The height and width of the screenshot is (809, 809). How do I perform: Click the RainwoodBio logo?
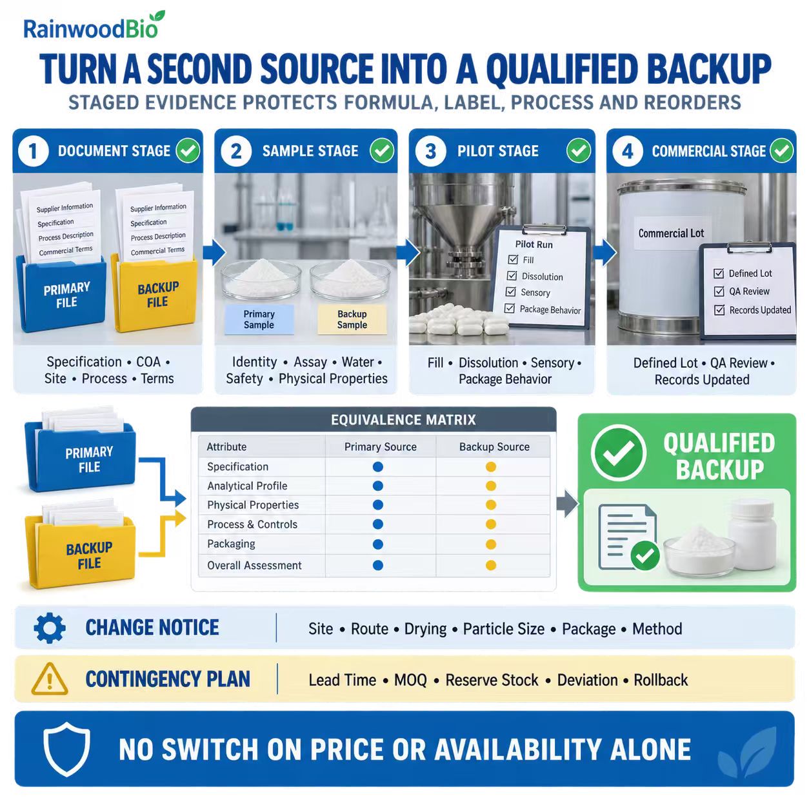pos(94,26)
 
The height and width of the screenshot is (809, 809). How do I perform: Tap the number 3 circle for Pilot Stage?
pos(430,151)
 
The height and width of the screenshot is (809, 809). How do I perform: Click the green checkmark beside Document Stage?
pos(188,150)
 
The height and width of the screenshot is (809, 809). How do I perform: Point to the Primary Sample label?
pos(259,319)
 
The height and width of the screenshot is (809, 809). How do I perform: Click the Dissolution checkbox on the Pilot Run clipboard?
pos(512,275)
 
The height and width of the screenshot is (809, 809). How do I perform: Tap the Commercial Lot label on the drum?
pos(671,234)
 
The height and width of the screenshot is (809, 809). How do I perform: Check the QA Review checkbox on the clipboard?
pos(719,292)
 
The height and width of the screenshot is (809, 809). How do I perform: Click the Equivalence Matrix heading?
pos(403,419)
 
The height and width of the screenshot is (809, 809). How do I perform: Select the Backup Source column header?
pos(494,446)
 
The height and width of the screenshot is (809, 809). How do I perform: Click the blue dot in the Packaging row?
pos(378,544)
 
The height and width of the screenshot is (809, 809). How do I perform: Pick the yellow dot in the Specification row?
pos(491,466)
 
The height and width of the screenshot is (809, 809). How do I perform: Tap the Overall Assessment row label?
pos(254,566)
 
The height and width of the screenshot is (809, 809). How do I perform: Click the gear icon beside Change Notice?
pos(50,628)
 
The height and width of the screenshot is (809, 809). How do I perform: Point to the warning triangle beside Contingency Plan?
pos(50,679)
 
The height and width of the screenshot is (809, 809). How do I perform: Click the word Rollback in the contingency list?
pos(661,680)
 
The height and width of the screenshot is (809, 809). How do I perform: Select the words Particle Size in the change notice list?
pos(504,629)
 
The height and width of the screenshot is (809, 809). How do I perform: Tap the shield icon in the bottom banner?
pos(66,748)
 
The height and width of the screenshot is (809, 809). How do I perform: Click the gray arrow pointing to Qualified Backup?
pos(567,503)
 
